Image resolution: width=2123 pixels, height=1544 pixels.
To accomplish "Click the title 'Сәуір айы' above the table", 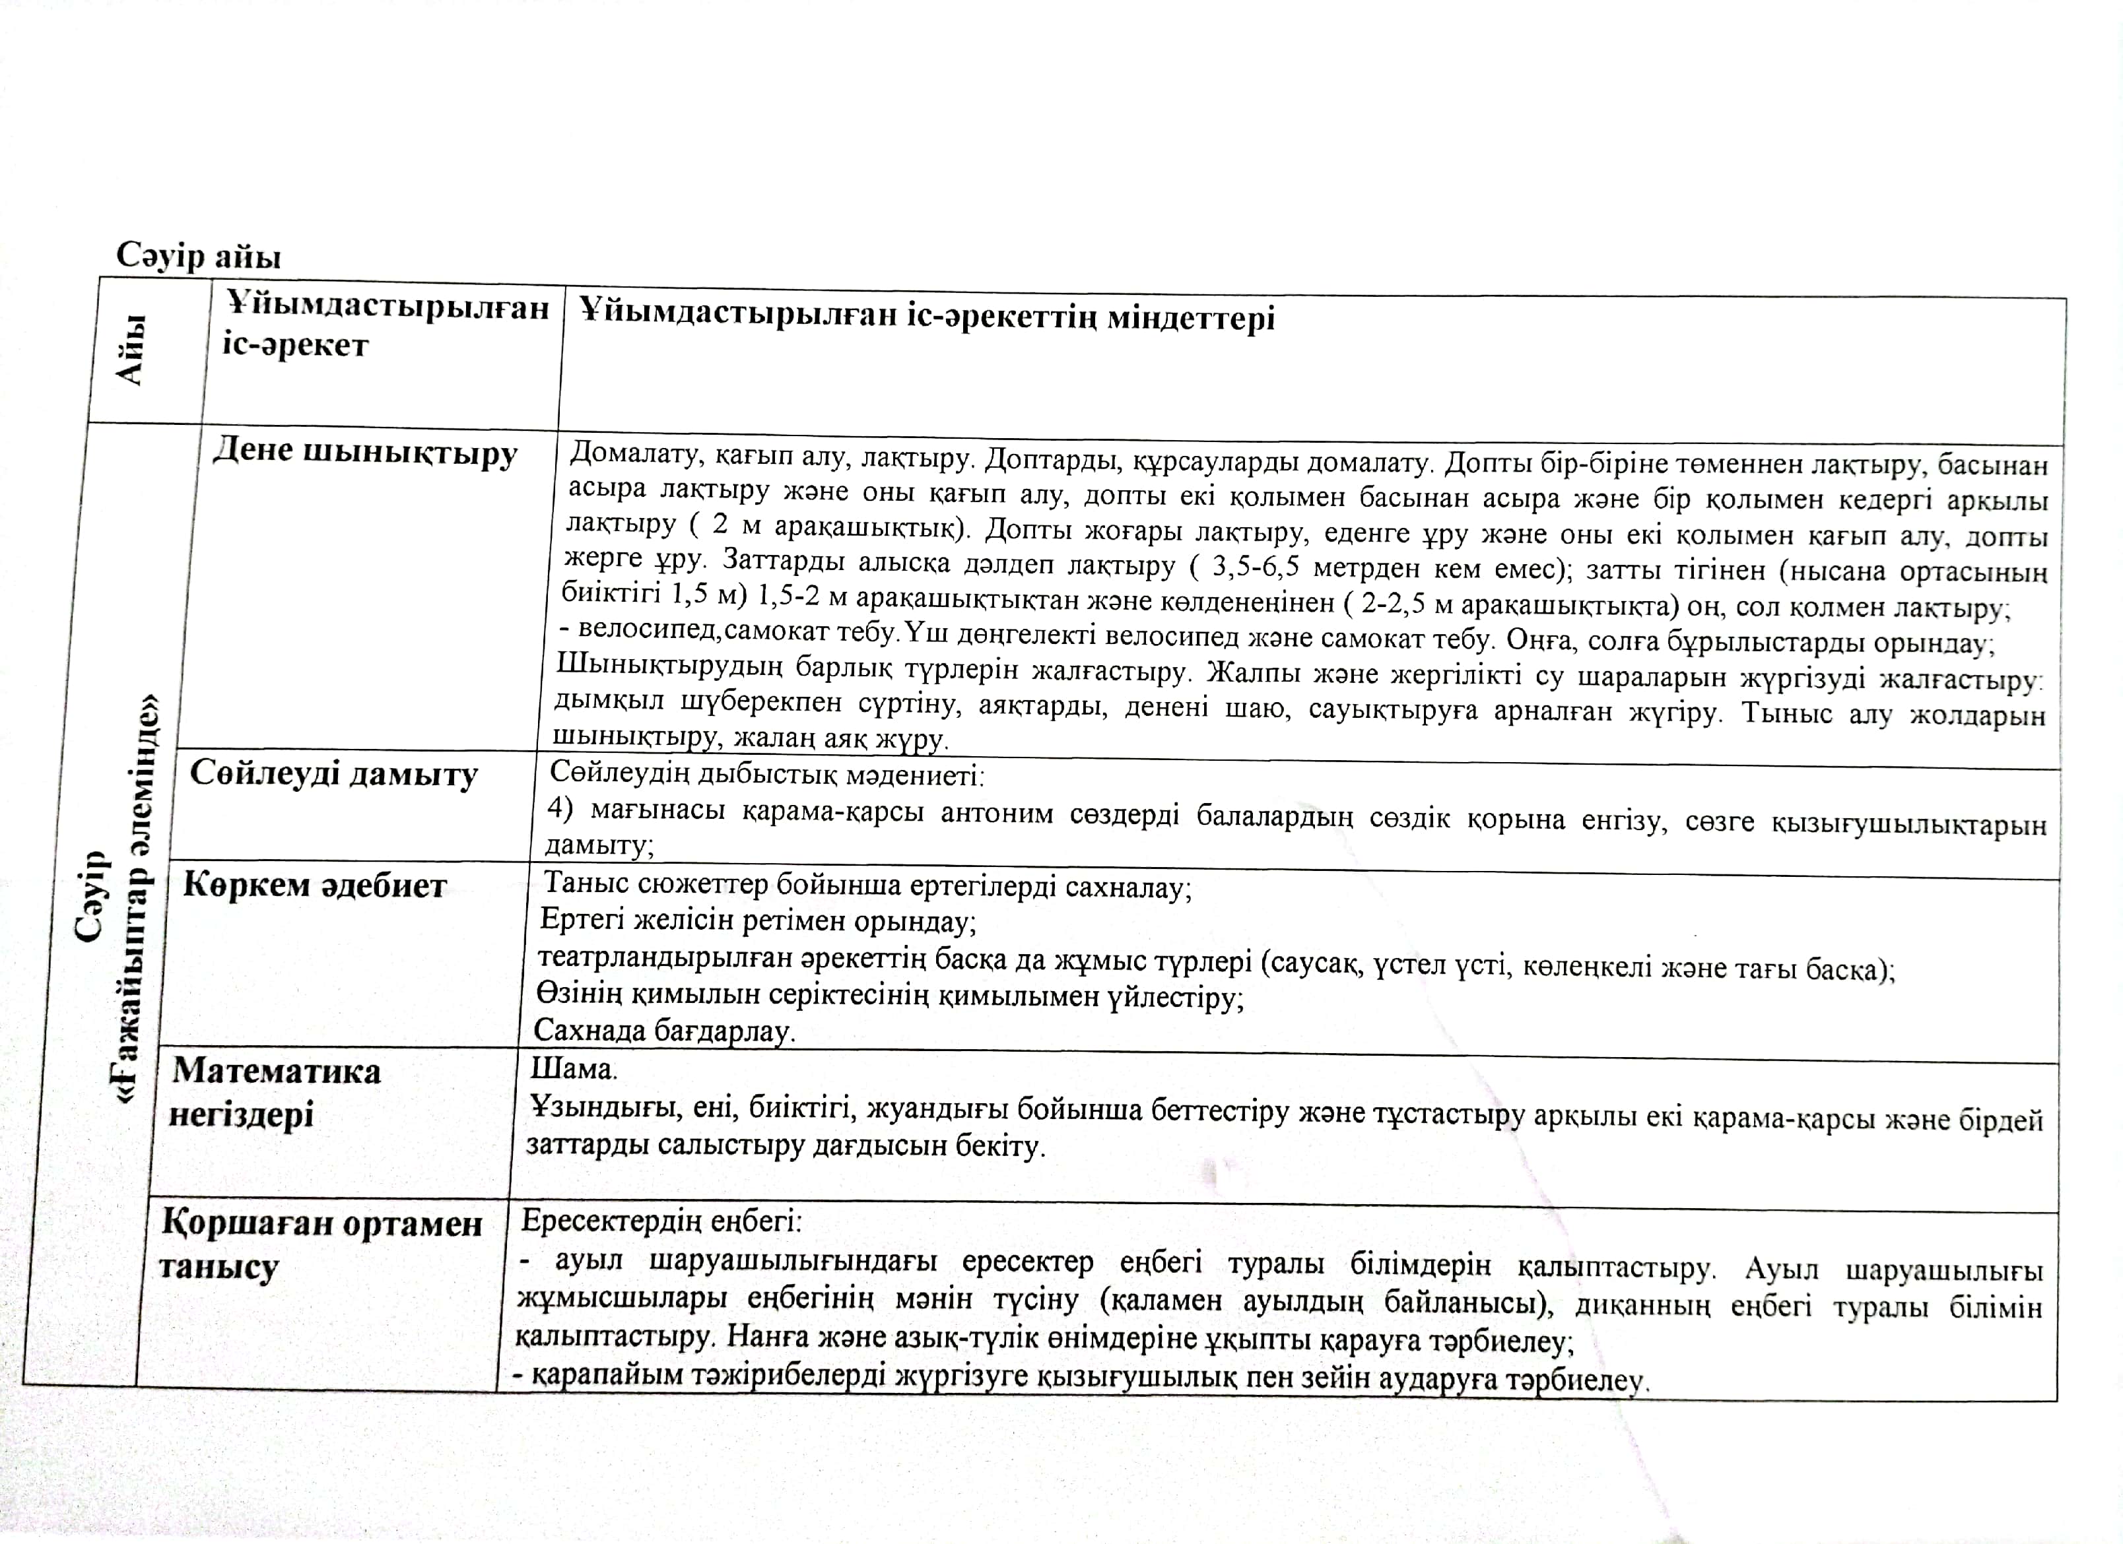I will (x=199, y=255).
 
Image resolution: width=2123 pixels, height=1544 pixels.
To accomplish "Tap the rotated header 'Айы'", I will (x=131, y=349).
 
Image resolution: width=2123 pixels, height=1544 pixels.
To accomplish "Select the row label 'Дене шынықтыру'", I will (x=365, y=452).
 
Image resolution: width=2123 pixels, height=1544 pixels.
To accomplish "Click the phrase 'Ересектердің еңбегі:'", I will (x=661, y=1220).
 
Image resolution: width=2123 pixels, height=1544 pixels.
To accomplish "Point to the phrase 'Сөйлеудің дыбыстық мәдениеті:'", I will (x=766, y=774).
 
